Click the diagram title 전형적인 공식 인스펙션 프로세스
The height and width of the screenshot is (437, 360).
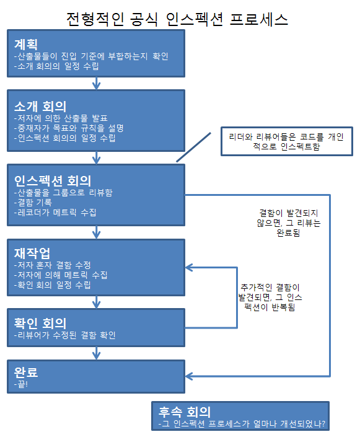(x=177, y=19)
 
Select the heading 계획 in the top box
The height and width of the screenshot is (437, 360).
(x=25, y=44)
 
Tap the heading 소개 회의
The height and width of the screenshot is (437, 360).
(x=40, y=107)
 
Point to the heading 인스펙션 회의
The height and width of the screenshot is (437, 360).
(x=53, y=181)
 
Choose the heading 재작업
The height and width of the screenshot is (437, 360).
(x=32, y=254)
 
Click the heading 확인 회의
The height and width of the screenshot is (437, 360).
(x=40, y=324)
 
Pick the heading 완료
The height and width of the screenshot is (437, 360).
(x=25, y=372)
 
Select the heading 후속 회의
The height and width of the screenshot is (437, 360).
(x=185, y=412)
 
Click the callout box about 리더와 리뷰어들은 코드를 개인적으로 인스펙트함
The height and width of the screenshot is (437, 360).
(x=287, y=141)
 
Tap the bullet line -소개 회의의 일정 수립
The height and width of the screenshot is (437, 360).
(x=56, y=66)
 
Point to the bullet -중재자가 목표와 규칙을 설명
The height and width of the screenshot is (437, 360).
(x=69, y=128)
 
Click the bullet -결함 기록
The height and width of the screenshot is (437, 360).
(x=33, y=202)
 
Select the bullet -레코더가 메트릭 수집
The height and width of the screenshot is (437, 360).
(x=55, y=213)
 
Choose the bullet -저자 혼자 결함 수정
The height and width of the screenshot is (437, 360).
(x=53, y=265)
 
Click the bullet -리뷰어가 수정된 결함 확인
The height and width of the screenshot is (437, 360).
(x=64, y=335)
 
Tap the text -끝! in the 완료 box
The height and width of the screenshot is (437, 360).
(x=21, y=384)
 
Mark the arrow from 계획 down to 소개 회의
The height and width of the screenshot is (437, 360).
(x=97, y=83)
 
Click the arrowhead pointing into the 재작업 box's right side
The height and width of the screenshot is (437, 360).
(x=189, y=268)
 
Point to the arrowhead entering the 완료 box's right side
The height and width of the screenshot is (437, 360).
(x=189, y=376)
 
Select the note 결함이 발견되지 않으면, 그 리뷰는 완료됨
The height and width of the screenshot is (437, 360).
(x=288, y=223)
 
